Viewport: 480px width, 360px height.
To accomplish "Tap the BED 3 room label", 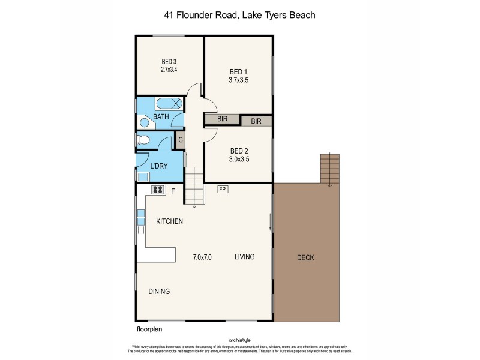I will [169, 61].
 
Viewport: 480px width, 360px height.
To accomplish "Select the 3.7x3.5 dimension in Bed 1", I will [238, 79].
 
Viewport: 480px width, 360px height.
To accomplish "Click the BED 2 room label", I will [238, 151].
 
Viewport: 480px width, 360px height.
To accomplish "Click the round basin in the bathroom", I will [145, 122].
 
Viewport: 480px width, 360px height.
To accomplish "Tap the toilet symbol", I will [142, 140].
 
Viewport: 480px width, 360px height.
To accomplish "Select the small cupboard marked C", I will [180, 140].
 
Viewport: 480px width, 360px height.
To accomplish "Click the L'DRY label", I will [158, 166].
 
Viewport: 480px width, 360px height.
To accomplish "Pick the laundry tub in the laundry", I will [143, 176].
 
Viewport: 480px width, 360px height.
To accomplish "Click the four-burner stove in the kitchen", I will [158, 191].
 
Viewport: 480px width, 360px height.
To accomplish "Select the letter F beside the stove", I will [173, 192].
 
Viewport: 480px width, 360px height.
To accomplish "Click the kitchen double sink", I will [141, 217].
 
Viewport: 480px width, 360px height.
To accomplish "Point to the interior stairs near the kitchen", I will [193, 187].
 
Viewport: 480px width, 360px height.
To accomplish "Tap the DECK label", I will [305, 258].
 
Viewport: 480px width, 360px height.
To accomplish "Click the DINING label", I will [159, 291].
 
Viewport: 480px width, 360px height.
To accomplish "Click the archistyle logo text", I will [240, 339].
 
